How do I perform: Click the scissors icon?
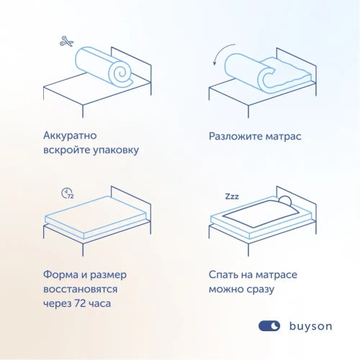(x=67, y=42)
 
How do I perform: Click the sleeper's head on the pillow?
(x=285, y=202)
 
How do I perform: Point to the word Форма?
(x=61, y=274)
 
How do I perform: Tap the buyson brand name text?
(x=310, y=326)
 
